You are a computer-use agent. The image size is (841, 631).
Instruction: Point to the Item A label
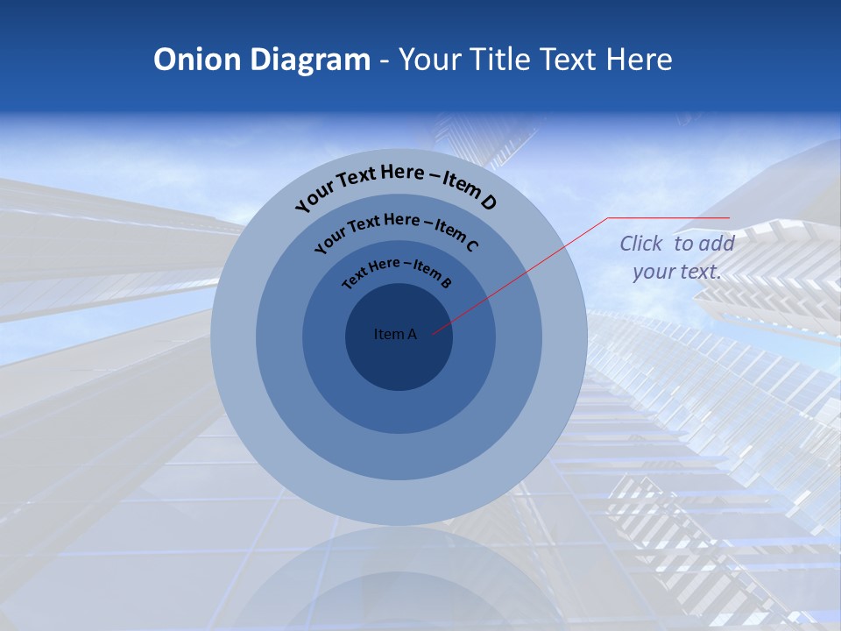coord(395,334)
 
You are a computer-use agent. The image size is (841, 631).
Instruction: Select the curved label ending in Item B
coord(397,272)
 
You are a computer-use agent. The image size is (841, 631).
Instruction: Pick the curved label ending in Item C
coord(396,230)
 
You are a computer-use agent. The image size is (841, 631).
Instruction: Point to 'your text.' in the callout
coord(676,272)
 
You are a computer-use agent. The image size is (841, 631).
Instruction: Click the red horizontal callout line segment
coord(668,217)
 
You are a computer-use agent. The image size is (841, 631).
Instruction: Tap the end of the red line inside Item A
coord(434,332)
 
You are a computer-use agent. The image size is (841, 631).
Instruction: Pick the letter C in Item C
coord(471,245)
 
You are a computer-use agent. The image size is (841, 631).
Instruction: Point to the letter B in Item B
coord(446,282)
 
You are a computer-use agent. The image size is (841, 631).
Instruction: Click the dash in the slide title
coord(385,60)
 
